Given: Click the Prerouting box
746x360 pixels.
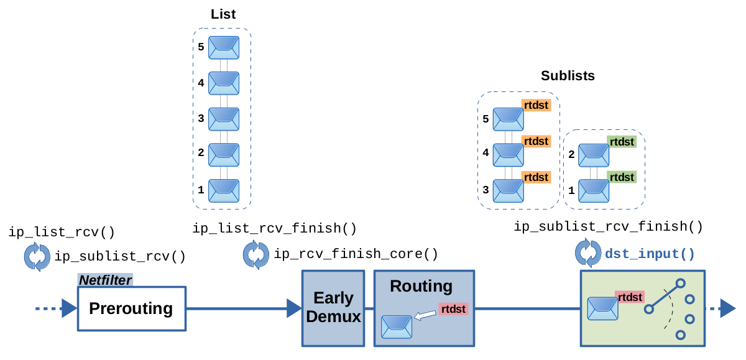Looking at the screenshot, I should pyautogui.click(x=131, y=308).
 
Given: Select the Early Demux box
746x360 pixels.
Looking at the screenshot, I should pyautogui.click(x=333, y=308).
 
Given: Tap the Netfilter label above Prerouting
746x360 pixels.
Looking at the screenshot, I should pyautogui.click(x=105, y=280).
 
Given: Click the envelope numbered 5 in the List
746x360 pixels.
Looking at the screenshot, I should pyautogui.click(x=224, y=47).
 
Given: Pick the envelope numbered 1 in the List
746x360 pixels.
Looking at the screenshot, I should pyautogui.click(x=224, y=190).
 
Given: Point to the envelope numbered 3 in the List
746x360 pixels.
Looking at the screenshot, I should pyautogui.click(x=224, y=118).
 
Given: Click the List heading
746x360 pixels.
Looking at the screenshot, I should pyautogui.click(x=223, y=14).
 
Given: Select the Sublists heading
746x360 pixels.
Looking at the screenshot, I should pyautogui.click(x=568, y=76).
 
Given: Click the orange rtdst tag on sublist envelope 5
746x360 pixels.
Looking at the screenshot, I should pyautogui.click(x=536, y=106).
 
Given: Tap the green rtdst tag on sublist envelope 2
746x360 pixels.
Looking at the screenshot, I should pyautogui.click(x=622, y=142).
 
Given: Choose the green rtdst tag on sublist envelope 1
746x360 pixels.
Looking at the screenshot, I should pyautogui.click(x=622, y=177).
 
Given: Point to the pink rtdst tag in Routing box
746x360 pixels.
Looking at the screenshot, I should pyautogui.click(x=453, y=308).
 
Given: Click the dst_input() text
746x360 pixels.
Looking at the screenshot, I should pyautogui.click(x=650, y=254).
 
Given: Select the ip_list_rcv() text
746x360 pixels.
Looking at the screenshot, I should pyautogui.click(x=62, y=233).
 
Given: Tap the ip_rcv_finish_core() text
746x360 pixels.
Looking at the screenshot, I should pyautogui.click(x=356, y=254).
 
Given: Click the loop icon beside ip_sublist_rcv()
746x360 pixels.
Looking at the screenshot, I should pyautogui.click(x=37, y=257).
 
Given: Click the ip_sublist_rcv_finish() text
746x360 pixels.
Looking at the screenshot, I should pyautogui.click(x=608, y=227).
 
